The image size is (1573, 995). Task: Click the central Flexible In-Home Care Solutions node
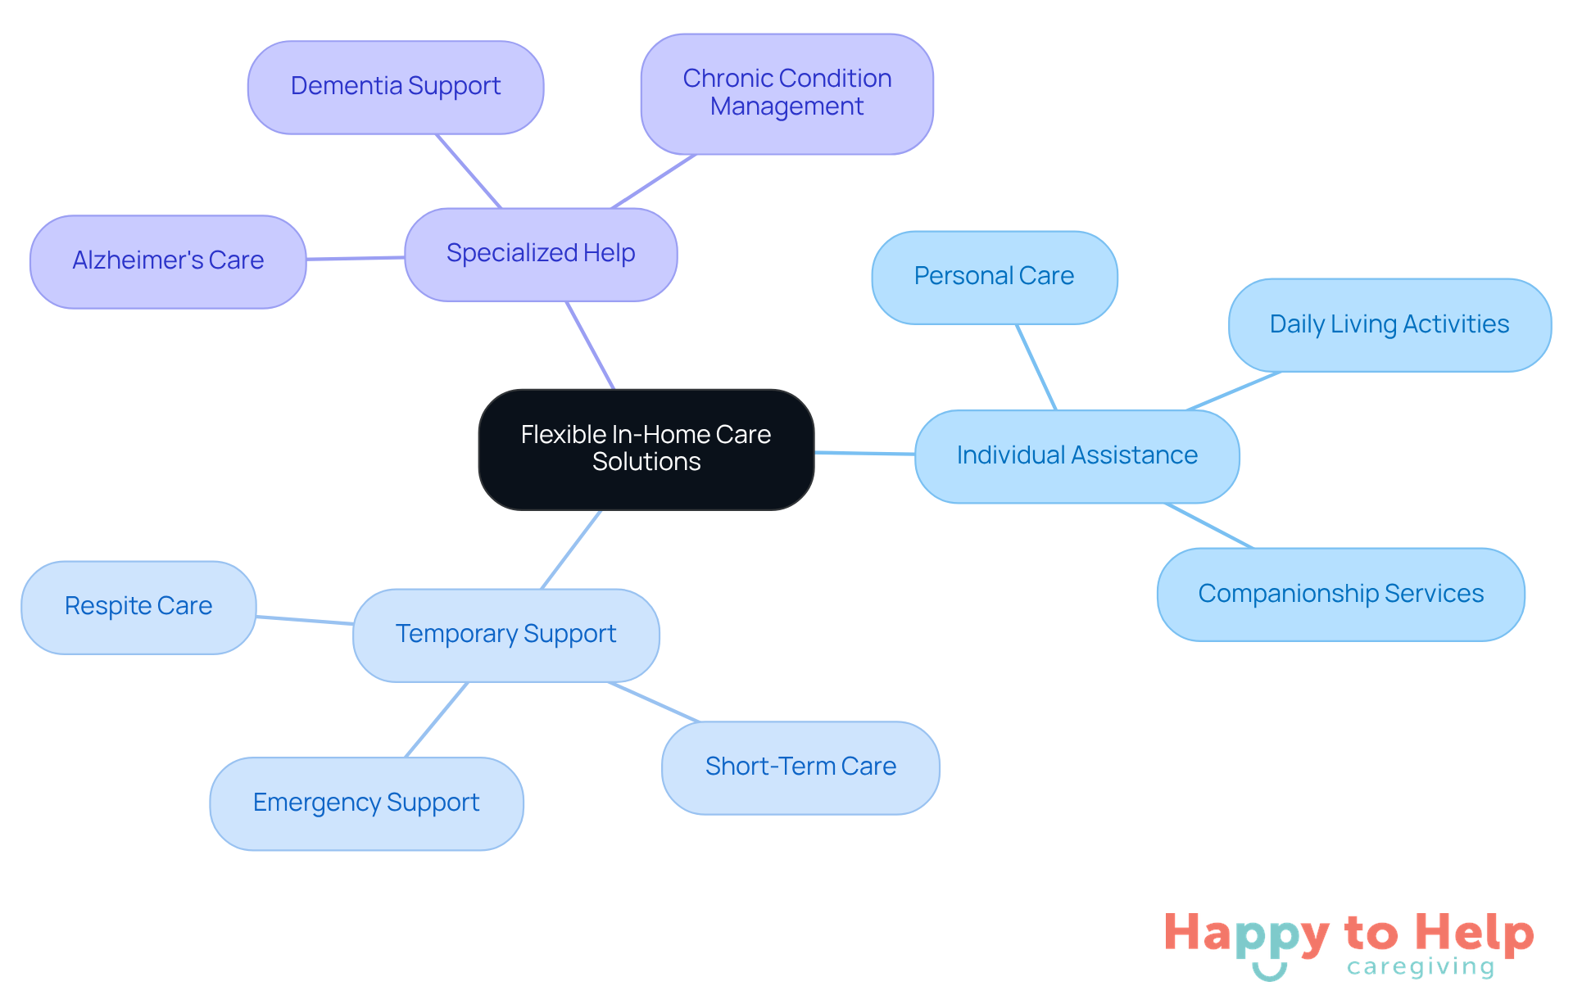pyautogui.click(x=646, y=449)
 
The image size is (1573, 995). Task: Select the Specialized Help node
pyautogui.click(x=541, y=254)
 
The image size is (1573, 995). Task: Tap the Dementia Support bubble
pyautogui.click(x=396, y=87)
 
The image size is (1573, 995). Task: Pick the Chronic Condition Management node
pyautogui.click(x=786, y=93)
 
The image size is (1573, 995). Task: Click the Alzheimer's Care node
pyautogui.click(x=168, y=261)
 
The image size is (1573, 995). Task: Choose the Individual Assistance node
pyautogui.click(x=1077, y=456)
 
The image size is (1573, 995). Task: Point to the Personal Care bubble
pyautogui.click(x=994, y=277)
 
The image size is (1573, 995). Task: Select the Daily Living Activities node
pyautogui.click(x=1389, y=325)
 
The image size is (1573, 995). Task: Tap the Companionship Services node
pyautogui.click(x=1340, y=594)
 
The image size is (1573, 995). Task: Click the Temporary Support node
pyautogui.click(x=505, y=635)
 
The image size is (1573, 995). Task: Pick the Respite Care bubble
pyautogui.click(x=138, y=607)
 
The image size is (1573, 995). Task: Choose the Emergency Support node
pyautogui.click(x=366, y=803)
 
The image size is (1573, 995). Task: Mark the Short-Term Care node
pyautogui.click(x=800, y=767)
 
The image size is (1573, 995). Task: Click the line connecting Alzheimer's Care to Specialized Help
pyautogui.click(x=356, y=258)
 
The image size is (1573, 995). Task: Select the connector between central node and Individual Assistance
pyautogui.click(x=864, y=453)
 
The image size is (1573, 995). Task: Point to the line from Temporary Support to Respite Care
pyautogui.click(x=305, y=620)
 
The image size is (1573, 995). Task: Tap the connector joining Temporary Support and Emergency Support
pyautogui.click(x=437, y=719)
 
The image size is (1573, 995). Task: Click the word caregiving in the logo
pyautogui.click(x=1420, y=967)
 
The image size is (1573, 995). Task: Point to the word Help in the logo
pyautogui.click(x=1474, y=934)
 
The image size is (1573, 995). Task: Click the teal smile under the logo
pyautogui.click(x=1269, y=972)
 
